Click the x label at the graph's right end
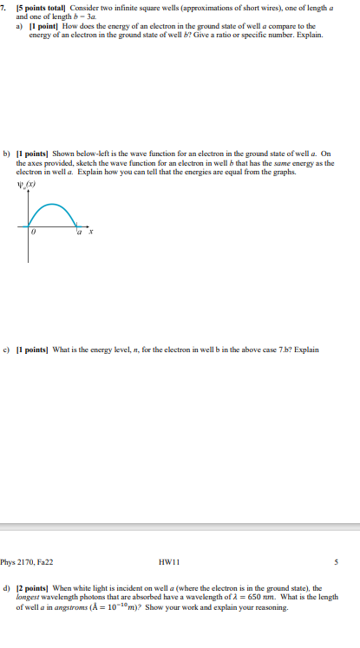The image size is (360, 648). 90,232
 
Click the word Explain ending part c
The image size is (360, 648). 307,350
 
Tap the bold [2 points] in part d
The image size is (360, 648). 34,588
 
